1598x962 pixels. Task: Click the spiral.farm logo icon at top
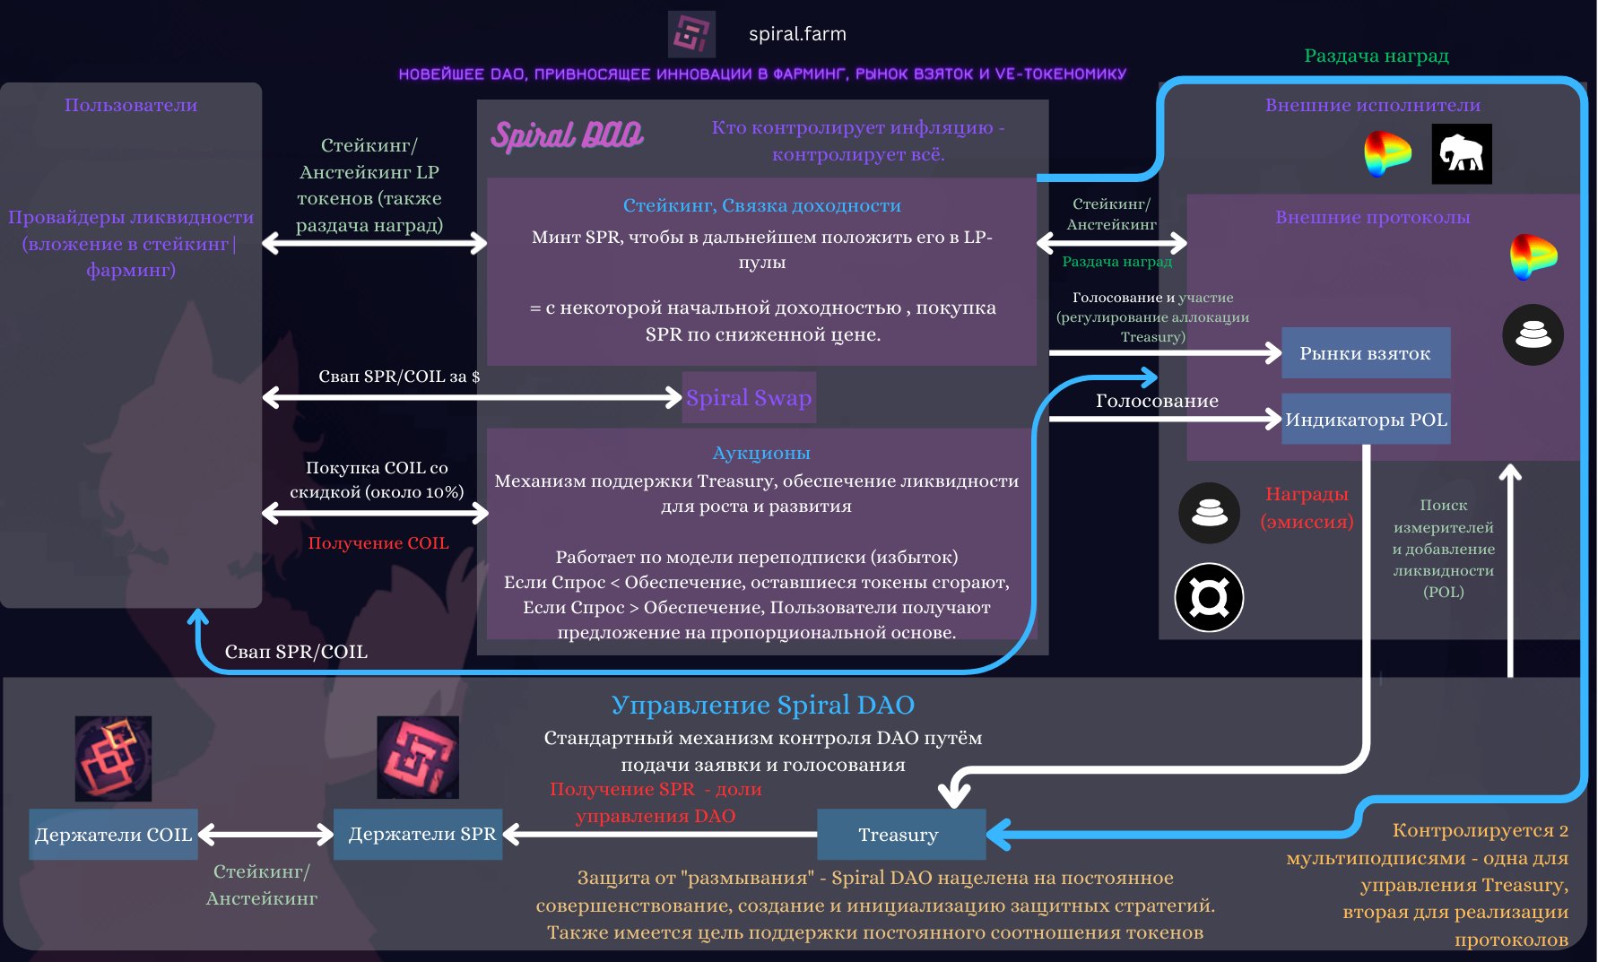tap(691, 34)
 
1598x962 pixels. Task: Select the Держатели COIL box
tap(113, 835)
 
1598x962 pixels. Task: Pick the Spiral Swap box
tap(749, 397)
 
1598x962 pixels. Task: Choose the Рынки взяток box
tap(1365, 353)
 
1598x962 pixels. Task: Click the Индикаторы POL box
tap(1365, 419)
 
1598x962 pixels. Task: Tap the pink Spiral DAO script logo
tap(567, 135)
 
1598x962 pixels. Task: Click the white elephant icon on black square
tap(1461, 154)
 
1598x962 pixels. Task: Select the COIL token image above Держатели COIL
tap(113, 758)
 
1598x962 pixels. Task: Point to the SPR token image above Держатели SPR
tap(418, 758)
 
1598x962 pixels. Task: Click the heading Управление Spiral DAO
tap(762, 705)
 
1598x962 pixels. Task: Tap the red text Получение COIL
tap(378, 543)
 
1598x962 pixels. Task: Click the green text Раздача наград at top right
tap(1376, 56)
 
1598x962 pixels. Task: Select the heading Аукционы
tap(760, 453)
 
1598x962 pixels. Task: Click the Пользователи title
tap(131, 105)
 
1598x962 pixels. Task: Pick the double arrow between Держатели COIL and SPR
tap(265, 835)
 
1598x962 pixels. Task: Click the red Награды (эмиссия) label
tap(1307, 507)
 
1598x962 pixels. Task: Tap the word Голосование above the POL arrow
tap(1157, 401)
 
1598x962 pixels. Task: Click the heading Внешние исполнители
tap(1372, 105)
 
